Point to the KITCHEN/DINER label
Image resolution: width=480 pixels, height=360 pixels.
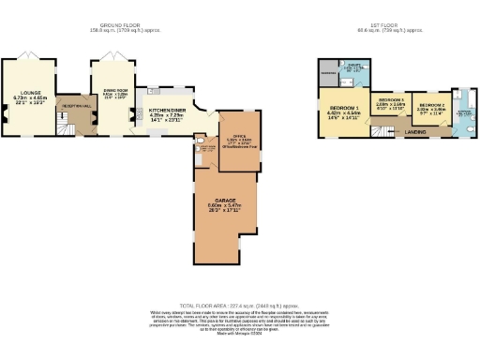pyautogui.click(x=169, y=111)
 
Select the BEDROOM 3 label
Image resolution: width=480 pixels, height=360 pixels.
pyautogui.click(x=390, y=99)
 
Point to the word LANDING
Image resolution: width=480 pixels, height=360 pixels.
pyautogui.click(x=415, y=132)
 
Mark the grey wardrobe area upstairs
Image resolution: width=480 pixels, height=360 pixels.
pyautogui.click(x=328, y=71)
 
